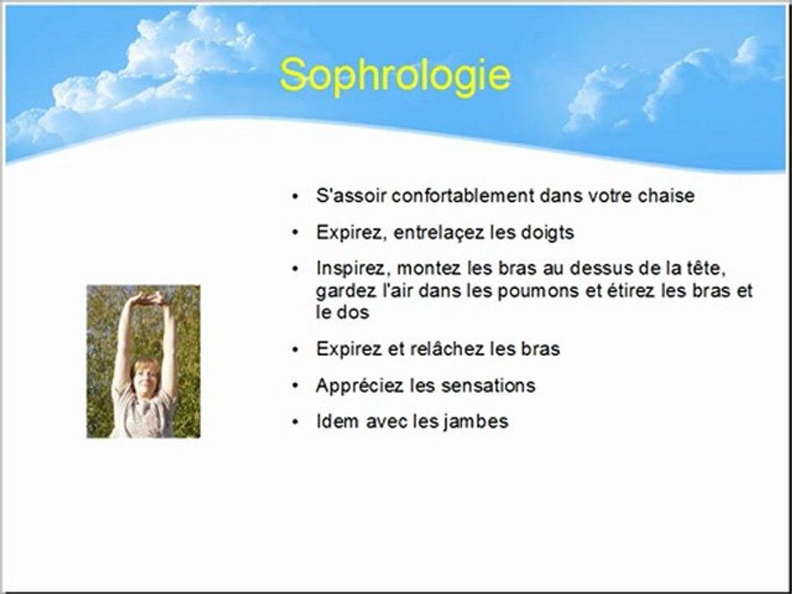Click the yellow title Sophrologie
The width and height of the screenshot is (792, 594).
pos(395,76)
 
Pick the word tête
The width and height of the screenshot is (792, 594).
pos(707,268)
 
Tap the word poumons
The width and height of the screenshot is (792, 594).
pos(536,291)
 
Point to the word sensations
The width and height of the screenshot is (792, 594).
pos(488,386)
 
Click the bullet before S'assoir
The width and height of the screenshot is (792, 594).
pos(295,196)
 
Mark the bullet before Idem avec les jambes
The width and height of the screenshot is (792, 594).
pos(295,422)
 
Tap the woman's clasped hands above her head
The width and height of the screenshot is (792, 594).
pos(148,299)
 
